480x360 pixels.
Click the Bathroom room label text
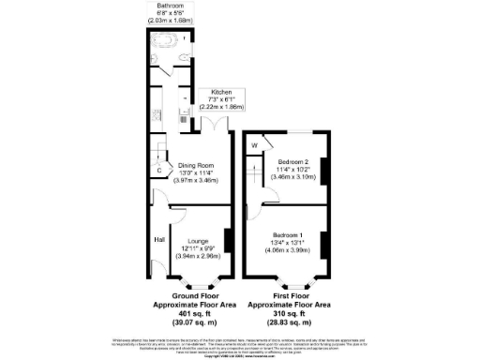click(170, 7)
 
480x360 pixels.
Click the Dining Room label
click(199, 165)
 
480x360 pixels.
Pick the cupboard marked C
click(158, 169)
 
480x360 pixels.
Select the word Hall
click(158, 238)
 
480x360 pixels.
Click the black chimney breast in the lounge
click(226, 240)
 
